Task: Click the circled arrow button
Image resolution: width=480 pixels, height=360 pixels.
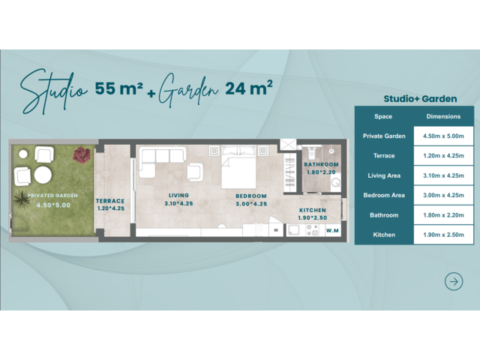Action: click(x=454, y=282)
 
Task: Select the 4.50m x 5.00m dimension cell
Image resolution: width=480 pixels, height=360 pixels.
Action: click(x=443, y=136)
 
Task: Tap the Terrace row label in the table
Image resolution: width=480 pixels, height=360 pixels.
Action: click(x=384, y=156)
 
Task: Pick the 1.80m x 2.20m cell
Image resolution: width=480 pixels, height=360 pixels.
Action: click(x=443, y=215)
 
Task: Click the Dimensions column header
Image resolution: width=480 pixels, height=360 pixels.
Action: click(x=443, y=116)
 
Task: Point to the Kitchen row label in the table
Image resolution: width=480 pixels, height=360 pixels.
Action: click(x=384, y=235)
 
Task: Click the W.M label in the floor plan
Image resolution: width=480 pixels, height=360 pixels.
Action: click(x=332, y=230)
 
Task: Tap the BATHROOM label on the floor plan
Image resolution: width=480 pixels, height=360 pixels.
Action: click(x=321, y=164)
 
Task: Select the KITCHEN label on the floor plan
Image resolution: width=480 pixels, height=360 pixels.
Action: click(x=313, y=210)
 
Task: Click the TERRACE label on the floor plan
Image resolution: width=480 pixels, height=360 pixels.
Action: click(x=110, y=201)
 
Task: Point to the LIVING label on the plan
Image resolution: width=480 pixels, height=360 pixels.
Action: click(x=178, y=195)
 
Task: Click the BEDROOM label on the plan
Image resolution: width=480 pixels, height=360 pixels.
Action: click(x=251, y=196)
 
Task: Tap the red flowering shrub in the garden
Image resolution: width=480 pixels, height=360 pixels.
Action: click(x=82, y=154)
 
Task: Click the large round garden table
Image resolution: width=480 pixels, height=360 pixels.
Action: click(x=43, y=175)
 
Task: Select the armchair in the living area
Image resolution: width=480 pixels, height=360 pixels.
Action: click(x=195, y=172)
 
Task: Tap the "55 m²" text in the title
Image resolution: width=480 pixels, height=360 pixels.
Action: click(x=118, y=88)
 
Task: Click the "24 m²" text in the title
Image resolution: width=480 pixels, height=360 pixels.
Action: click(x=249, y=88)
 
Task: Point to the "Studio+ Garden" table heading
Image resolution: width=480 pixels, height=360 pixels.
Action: click(x=420, y=98)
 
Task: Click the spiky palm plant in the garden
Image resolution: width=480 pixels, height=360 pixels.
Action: click(x=22, y=199)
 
